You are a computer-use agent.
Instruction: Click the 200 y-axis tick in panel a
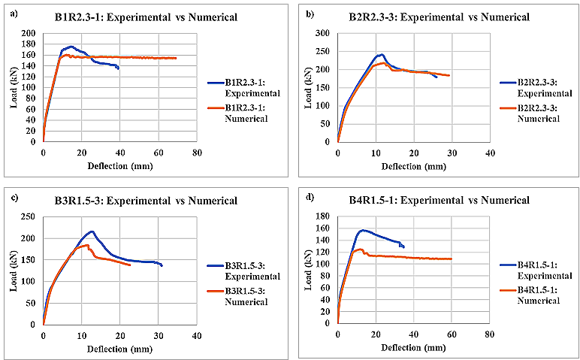pos(29,34)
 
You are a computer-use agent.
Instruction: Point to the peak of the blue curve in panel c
pos(92,231)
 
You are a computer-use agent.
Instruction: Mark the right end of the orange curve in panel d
pos(451,259)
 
